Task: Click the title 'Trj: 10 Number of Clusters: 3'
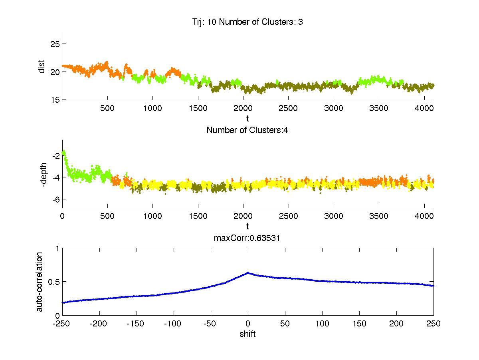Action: click(x=247, y=22)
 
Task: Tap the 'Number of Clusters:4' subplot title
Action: click(x=247, y=130)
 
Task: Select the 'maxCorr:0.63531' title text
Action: click(x=247, y=238)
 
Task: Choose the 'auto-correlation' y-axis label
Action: click(x=40, y=281)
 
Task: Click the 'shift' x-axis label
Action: click(x=247, y=334)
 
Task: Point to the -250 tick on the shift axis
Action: click(x=62, y=324)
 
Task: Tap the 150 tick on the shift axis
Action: click(x=360, y=324)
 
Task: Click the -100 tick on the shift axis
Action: click(x=174, y=324)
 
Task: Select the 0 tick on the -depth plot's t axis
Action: click(x=62, y=216)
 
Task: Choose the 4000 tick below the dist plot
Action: click(x=424, y=108)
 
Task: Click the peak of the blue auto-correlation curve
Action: click(x=248, y=273)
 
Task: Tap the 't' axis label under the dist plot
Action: click(x=247, y=119)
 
